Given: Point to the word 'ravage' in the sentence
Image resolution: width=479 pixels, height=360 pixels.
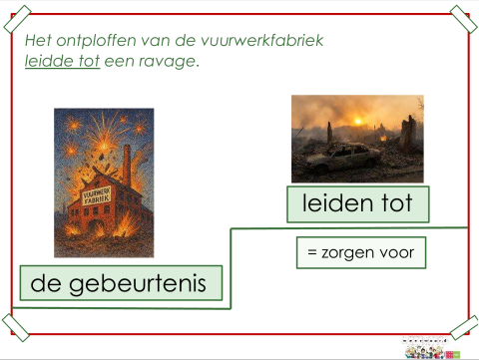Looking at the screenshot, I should pos(170,61).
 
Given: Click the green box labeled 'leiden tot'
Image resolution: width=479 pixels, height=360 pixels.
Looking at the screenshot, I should pos(357,204).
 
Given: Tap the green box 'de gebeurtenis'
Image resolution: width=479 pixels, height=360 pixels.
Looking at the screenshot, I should pos(121,284).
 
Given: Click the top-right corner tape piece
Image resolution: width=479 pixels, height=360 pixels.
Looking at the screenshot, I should pos(460,17).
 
